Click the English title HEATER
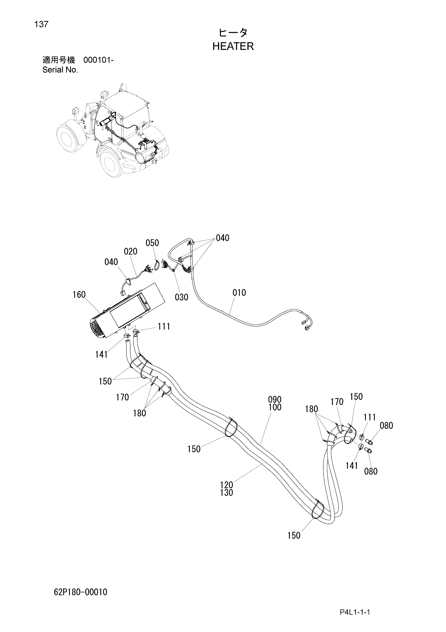[233, 46]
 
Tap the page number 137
[41, 25]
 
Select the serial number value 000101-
[98, 60]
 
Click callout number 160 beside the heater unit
[79, 295]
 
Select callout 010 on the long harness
[239, 293]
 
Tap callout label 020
[131, 251]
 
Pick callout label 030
[181, 297]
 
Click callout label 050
[152, 243]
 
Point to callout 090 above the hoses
[274, 399]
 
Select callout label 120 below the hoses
[226, 485]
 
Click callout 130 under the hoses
[226, 493]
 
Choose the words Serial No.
[60, 70]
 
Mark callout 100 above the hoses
[274, 407]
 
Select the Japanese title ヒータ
[233, 33]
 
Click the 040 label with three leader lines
[222, 238]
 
